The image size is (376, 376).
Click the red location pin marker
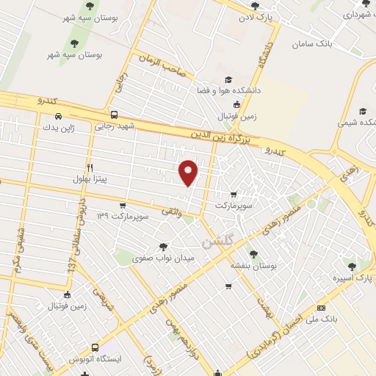(189, 172)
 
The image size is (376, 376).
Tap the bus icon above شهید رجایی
(114, 115)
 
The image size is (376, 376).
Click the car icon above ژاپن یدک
(58, 115)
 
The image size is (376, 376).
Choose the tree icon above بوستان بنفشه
(253, 254)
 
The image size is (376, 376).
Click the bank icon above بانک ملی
(320, 308)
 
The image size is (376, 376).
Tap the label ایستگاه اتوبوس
(94, 359)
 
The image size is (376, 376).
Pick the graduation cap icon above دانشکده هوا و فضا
(228, 79)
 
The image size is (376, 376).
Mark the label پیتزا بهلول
(90, 178)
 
